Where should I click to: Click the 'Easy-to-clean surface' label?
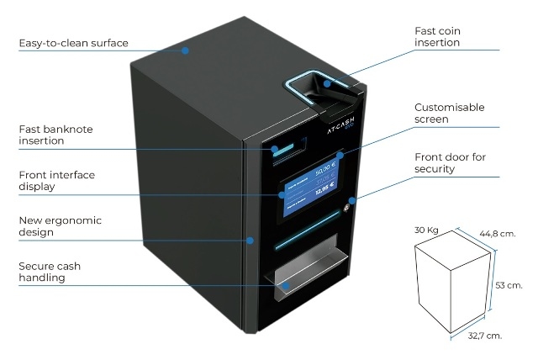click(x=73, y=44)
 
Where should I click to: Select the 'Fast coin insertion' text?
click(x=437, y=37)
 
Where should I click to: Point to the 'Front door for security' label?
click(x=450, y=163)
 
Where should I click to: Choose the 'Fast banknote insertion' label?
click(x=55, y=135)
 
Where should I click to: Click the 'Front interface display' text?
click(x=56, y=181)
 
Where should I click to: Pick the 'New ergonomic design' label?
click(x=60, y=226)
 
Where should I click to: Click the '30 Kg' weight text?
click(x=427, y=229)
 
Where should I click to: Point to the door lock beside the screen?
click(x=351, y=200)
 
